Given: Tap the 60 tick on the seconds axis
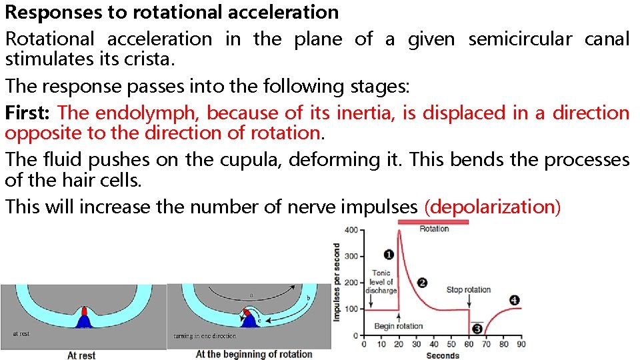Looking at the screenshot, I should click(469, 345).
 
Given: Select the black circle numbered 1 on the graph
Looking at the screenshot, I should click(389, 254).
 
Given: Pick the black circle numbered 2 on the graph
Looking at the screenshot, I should click(422, 282).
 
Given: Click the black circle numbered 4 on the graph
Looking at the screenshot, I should click(514, 300).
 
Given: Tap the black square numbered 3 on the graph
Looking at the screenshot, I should click(477, 329).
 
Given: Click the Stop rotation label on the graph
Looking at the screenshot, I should click(468, 290).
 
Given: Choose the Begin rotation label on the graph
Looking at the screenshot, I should click(399, 326).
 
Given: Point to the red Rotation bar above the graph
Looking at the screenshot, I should click(433, 221).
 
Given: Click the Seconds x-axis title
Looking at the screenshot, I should click(443, 355).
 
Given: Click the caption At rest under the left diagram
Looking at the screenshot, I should click(81, 355).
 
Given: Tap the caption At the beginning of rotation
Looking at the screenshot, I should click(253, 354).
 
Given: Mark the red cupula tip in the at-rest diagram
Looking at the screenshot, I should click(84, 311).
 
